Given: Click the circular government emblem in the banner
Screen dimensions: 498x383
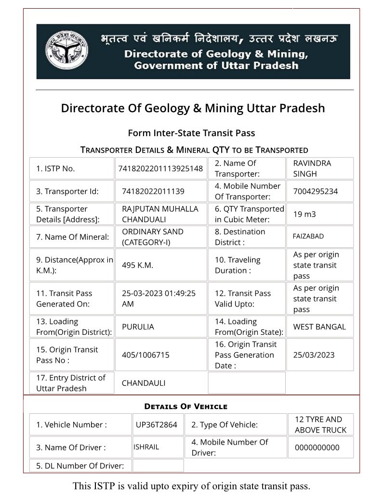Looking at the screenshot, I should click(x=67, y=51).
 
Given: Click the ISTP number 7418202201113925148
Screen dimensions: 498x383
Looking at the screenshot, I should click(x=160, y=168).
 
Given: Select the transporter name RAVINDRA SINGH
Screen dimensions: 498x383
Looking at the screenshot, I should click(x=312, y=168).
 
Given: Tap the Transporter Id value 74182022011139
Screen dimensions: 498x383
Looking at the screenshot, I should click(x=153, y=191).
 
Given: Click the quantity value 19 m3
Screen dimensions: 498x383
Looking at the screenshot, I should click(x=304, y=214).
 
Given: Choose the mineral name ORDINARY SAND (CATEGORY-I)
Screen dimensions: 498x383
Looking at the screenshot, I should click(x=153, y=237).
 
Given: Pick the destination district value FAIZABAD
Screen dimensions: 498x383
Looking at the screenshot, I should click(x=308, y=236).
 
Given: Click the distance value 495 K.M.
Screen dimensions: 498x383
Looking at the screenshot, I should click(x=138, y=265).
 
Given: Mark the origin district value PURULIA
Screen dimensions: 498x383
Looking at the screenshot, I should click(x=138, y=327).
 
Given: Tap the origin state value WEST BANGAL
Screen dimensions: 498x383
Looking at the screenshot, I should click(x=319, y=327).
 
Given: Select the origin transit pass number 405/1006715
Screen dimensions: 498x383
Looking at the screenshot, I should click(x=145, y=355).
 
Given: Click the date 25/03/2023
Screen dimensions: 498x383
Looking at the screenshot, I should click(x=314, y=355).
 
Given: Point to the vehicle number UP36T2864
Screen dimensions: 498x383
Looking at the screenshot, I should click(x=156, y=425).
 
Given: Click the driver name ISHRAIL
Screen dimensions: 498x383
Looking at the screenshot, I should click(x=146, y=447).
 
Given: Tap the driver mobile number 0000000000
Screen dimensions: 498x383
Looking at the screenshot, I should click(x=317, y=447).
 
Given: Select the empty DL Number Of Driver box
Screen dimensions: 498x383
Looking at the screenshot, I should click(x=158, y=465).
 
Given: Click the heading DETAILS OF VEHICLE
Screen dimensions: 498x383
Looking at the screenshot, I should click(x=185, y=407).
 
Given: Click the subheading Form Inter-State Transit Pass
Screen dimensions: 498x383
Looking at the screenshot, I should click(x=191, y=133).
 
